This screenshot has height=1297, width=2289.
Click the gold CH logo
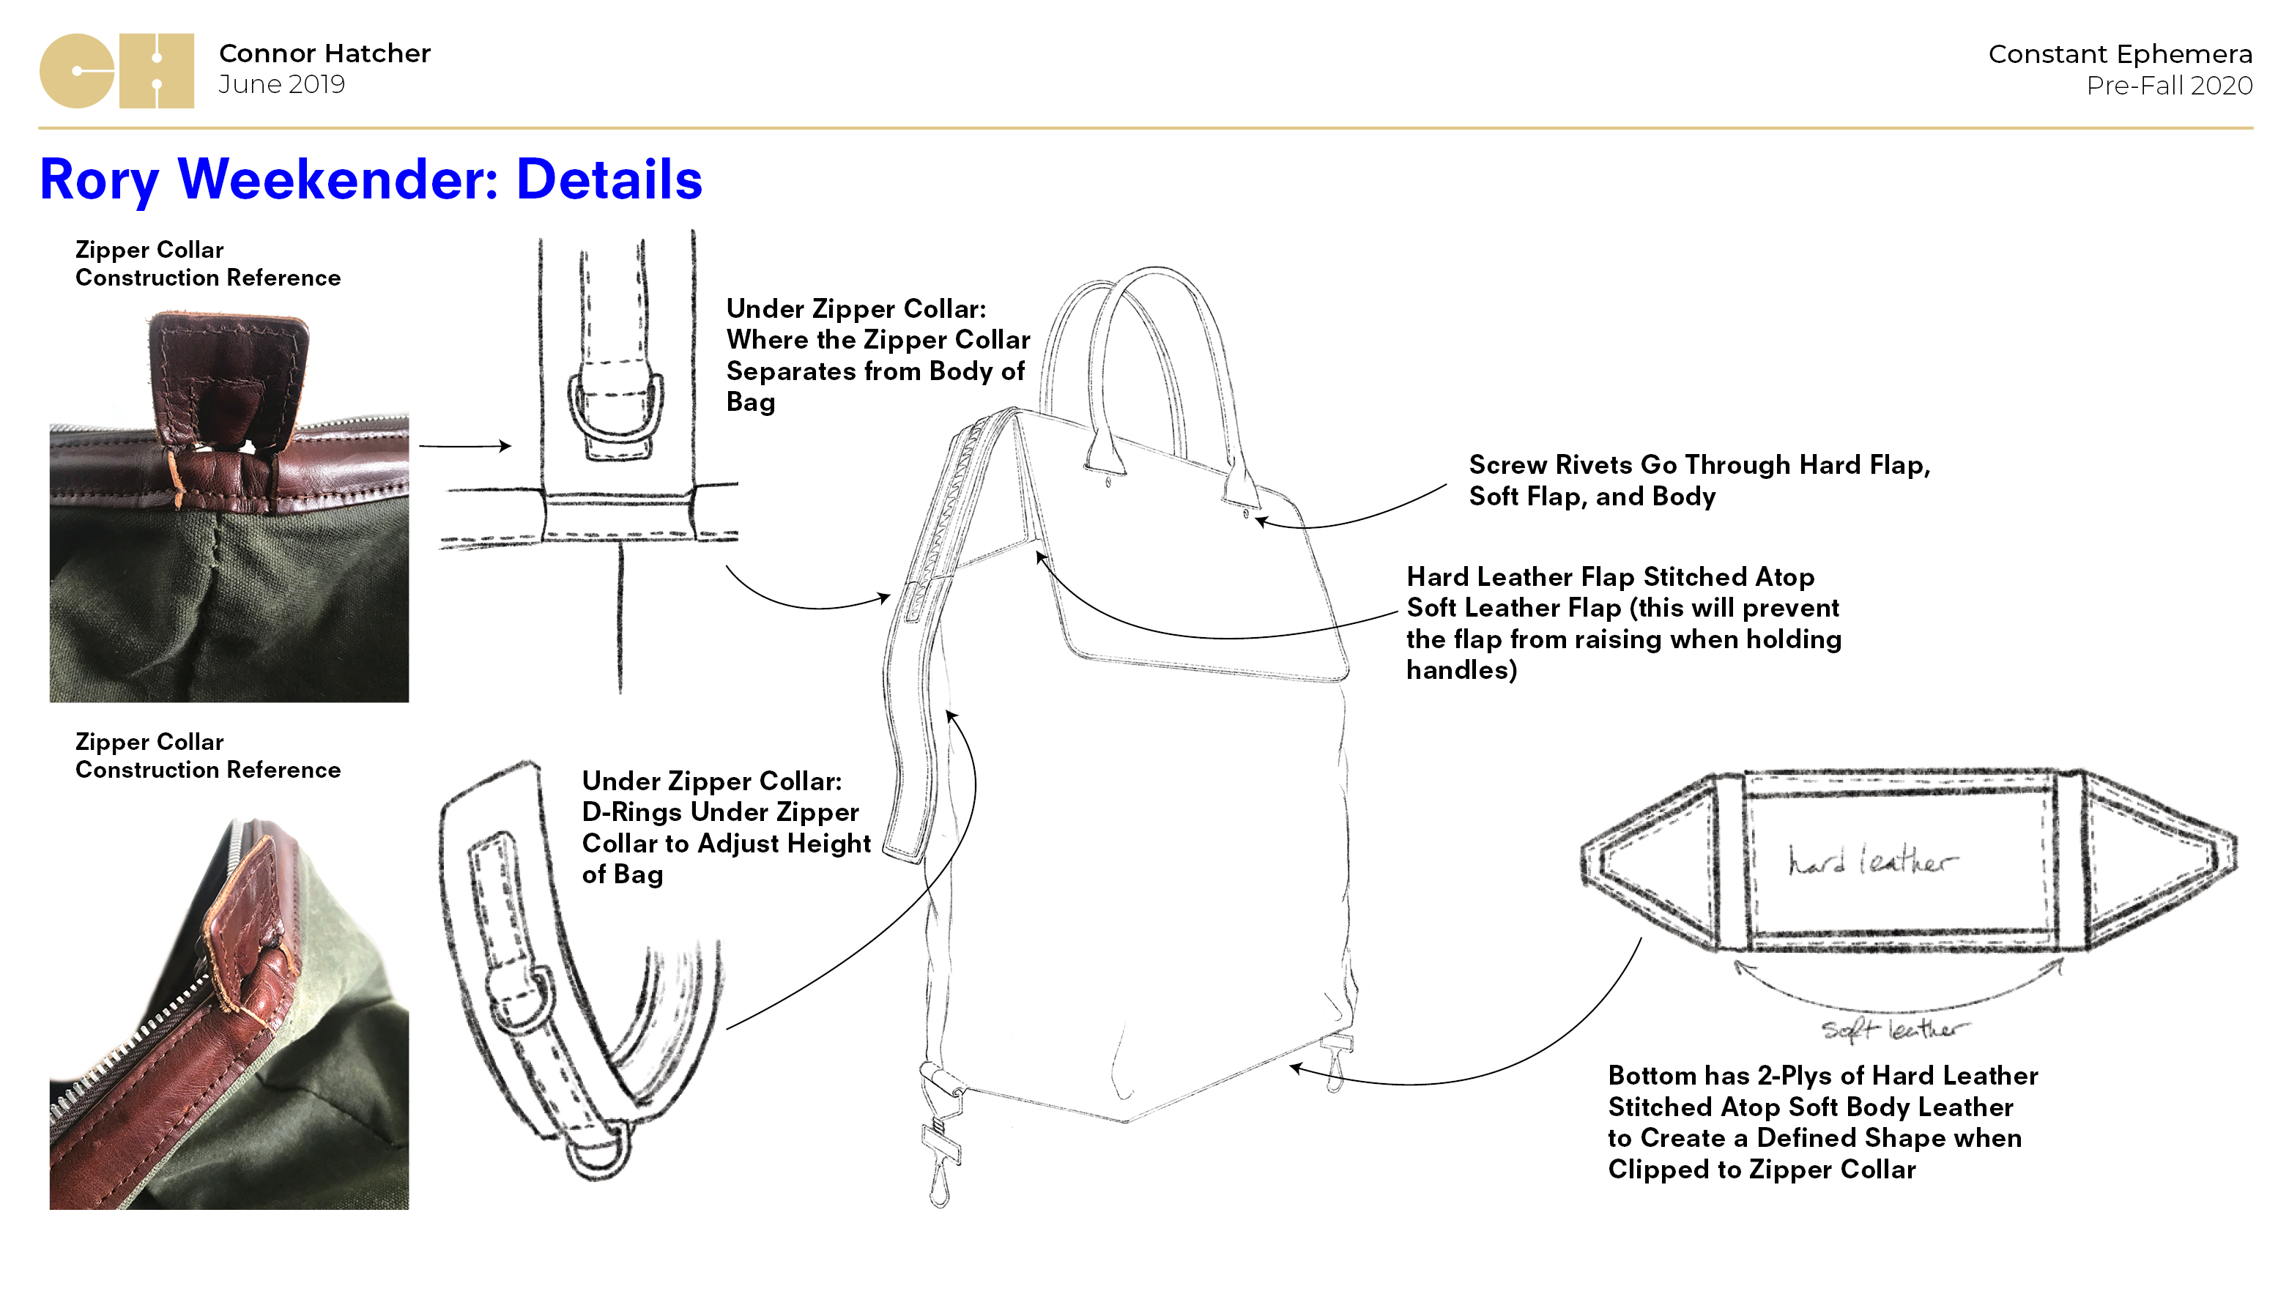coord(116,71)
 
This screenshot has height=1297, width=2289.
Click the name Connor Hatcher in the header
coord(324,53)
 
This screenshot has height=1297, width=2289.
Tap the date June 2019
coord(281,85)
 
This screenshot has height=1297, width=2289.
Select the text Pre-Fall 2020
coord(2169,86)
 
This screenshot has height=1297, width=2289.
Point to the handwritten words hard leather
coord(1871,861)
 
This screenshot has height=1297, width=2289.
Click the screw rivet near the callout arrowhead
coord(1247,514)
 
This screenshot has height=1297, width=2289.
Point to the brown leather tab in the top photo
coord(228,374)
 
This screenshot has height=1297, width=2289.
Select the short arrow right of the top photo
coord(464,445)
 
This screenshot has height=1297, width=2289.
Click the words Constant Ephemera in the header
coord(2120,54)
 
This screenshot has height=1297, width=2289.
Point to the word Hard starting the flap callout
coord(1436,577)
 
